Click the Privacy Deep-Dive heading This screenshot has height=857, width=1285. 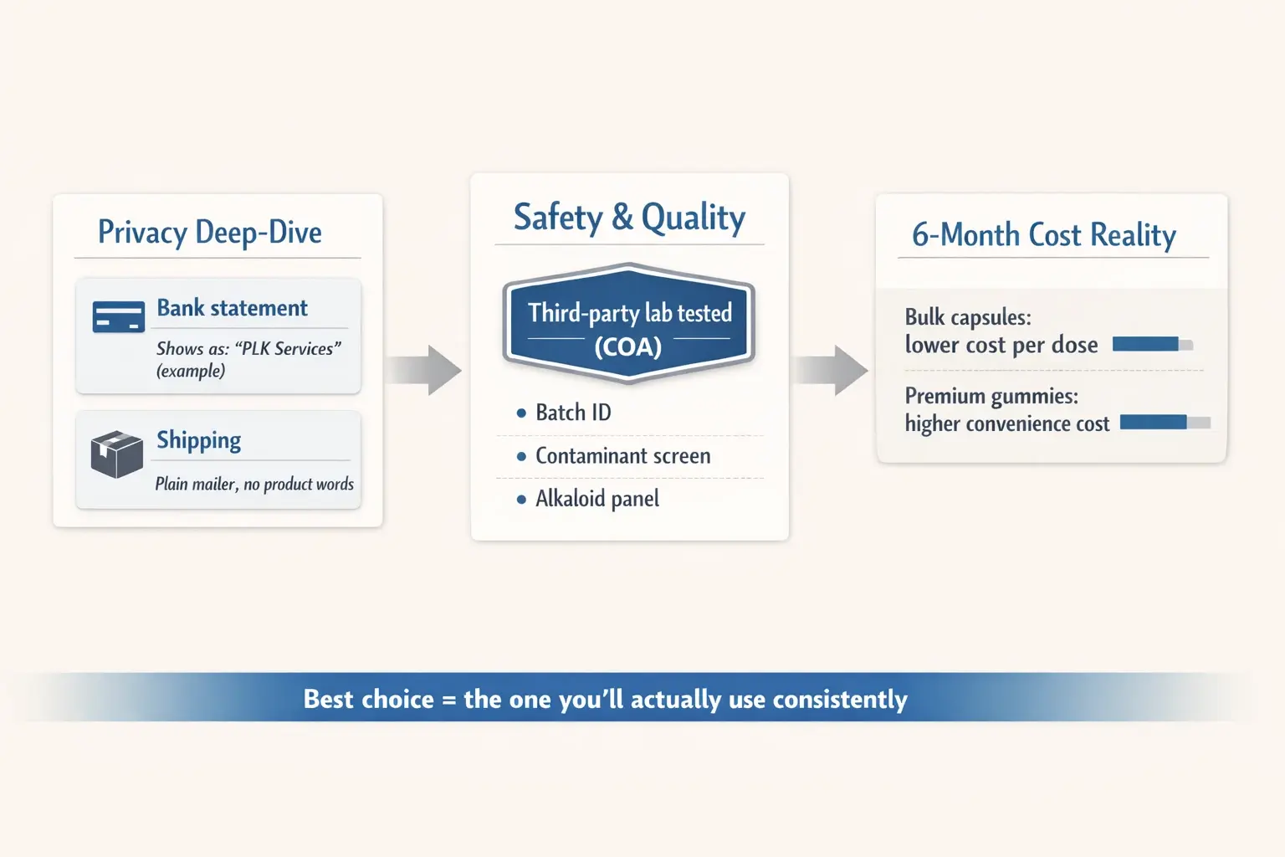209,233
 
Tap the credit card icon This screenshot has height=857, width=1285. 118,317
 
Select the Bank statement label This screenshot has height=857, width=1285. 232,308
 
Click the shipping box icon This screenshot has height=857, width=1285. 116,454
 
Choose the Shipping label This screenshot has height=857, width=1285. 198,440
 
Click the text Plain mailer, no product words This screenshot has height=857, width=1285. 254,484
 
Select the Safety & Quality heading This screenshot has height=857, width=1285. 629,218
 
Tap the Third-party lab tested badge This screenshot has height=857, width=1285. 629,324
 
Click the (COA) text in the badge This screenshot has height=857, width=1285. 627,346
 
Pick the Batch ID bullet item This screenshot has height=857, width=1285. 573,413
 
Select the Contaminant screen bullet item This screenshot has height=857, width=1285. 622,456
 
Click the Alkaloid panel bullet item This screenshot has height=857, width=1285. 596,499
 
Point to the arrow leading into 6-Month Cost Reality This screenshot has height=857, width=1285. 831,369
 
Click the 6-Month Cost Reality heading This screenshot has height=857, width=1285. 1043,235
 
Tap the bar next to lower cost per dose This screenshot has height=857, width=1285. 1152,344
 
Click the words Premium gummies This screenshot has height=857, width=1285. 991,396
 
